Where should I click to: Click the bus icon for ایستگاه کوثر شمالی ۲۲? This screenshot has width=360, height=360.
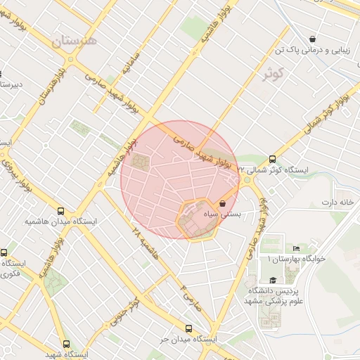point(272,158)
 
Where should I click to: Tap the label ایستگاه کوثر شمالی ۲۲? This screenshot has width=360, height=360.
point(274,169)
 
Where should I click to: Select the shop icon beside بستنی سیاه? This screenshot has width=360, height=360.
point(223,203)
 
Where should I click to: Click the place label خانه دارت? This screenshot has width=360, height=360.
point(336,202)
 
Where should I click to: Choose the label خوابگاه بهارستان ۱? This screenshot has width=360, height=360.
point(296,259)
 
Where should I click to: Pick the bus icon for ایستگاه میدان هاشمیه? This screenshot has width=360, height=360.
point(61,210)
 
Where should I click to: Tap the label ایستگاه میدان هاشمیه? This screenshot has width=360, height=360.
point(56,221)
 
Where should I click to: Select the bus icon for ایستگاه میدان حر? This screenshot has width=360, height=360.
point(188,328)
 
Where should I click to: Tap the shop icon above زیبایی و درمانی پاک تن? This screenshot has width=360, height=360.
point(311,39)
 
